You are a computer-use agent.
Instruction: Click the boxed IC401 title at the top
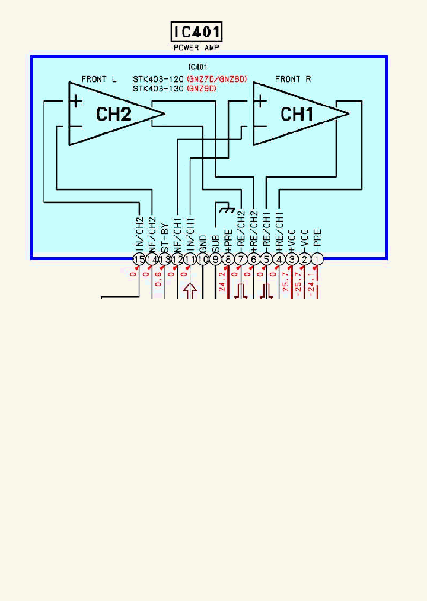pos(196,31)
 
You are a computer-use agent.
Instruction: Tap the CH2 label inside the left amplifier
pos(113,114)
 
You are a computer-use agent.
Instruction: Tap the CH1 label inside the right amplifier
pos(297,114)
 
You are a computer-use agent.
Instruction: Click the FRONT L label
pos(99,79)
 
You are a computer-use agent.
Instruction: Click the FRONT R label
pos(293,79)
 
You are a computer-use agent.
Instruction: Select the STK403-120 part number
pos(158,79)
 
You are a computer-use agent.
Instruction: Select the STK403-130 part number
pos(158,88)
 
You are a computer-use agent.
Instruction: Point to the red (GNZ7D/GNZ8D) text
pos(216,79)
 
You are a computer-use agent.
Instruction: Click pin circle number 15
pos(139,259)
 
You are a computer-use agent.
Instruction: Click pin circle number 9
pos(215,259)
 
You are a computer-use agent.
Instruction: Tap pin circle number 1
pos(318,259)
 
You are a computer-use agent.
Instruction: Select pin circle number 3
pos(292,259)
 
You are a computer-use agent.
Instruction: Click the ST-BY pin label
pos(165,235)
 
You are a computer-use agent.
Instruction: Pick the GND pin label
pos(203,243)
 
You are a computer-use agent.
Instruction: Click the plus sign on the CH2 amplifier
pos(77,102)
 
